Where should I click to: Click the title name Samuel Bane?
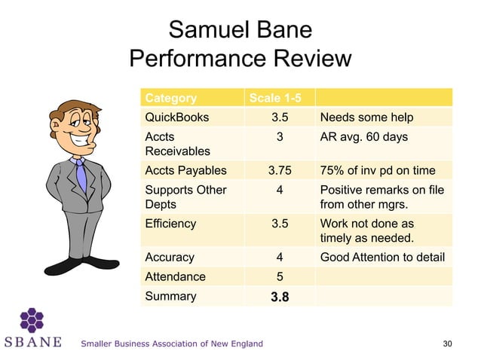240,30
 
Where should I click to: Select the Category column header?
170,98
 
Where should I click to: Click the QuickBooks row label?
177,117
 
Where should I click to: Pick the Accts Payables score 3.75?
280,170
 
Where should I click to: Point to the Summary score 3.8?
280,297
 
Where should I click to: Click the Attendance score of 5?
280,276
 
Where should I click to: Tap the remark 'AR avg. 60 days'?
364,137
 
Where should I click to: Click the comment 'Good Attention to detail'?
382,257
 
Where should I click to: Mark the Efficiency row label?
170,224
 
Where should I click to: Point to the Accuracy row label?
170,257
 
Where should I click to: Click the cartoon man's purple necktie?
81,175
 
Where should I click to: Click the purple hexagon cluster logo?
32,319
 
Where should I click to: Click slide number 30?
448,344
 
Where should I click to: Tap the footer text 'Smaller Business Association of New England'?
172,344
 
